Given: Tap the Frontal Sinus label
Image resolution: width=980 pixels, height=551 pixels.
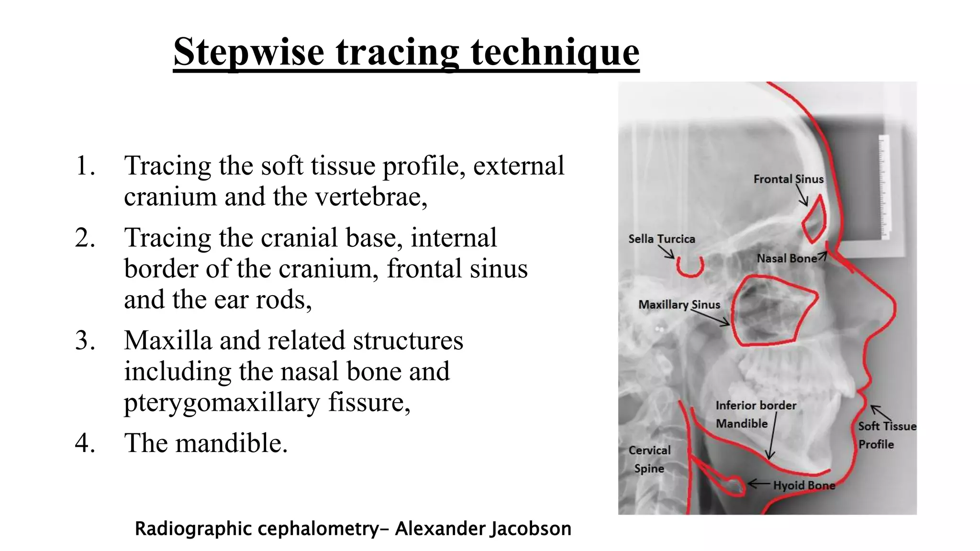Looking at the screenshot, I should tap(788, 179).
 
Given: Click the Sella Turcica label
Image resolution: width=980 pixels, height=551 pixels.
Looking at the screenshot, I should tap(661, 239).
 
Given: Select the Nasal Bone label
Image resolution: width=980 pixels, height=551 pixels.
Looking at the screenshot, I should tap(786, 258).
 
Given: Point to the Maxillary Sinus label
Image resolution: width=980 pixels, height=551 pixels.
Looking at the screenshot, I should tap(679, 305).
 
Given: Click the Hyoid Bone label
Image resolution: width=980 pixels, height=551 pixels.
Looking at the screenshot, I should tap(804, 485).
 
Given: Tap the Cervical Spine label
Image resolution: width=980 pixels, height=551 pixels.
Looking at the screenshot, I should tap(649, 459).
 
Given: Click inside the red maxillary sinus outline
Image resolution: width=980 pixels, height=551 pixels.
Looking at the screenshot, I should tap(770, 311).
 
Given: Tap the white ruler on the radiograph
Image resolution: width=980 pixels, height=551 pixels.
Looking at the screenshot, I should tap(884, 187).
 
